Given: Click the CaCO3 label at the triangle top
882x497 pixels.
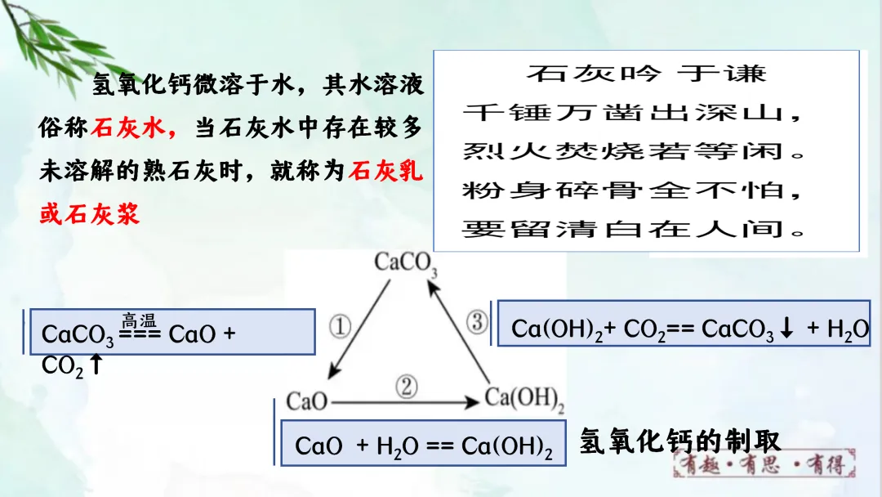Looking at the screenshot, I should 407,263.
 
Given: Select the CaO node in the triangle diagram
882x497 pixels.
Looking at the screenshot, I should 306,401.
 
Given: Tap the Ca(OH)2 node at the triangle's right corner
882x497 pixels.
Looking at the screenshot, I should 524,399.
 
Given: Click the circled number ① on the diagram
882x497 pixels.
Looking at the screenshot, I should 340,327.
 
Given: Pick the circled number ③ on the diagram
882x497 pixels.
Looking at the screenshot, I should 477,322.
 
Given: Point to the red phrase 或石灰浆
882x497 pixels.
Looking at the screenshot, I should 89,213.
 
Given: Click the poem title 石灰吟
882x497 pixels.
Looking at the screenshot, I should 593,74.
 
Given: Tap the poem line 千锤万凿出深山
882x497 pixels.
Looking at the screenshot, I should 634,113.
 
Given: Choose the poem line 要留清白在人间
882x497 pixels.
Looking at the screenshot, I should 634,228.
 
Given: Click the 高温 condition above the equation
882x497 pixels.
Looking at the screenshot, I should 139,320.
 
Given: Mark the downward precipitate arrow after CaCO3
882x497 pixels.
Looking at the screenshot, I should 787,329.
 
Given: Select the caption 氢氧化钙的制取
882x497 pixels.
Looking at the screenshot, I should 680,441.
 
